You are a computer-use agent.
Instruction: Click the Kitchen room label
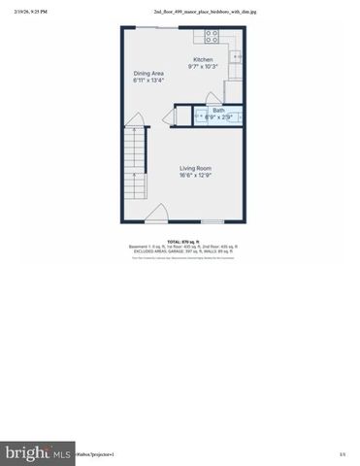202,60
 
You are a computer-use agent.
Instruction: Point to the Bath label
217,111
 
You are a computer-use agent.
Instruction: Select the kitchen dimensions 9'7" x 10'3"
202,67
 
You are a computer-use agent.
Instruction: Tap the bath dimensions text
217,117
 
